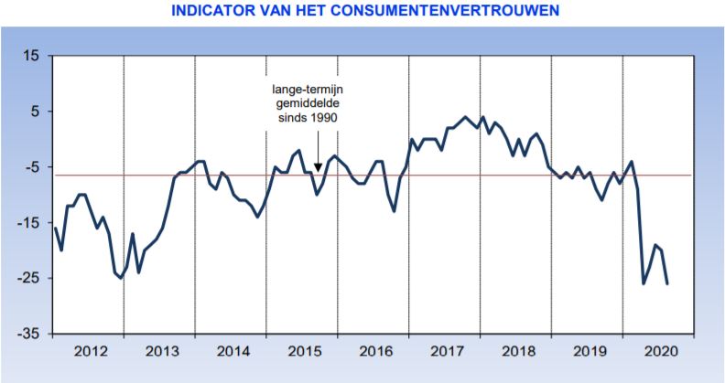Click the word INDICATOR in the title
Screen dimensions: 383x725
point(213,11)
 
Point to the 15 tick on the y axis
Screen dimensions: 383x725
point(31,57)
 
